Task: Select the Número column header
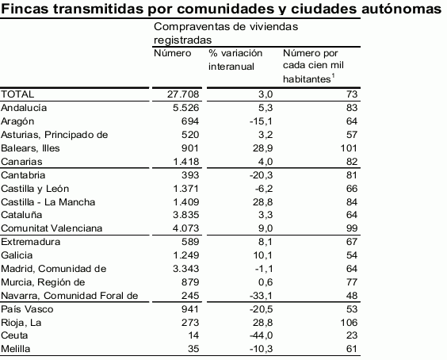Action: pos(173,52)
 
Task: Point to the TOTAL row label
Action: pos(17,94)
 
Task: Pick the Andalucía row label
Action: pos(25,107)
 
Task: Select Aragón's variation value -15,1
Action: pos(239,121)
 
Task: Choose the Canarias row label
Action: pos(22,161)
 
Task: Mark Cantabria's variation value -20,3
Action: pos(239,174)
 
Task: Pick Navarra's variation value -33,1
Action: pos(239,296)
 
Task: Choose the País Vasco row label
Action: pos(25,309)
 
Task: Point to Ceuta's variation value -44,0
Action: pos(239,336)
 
